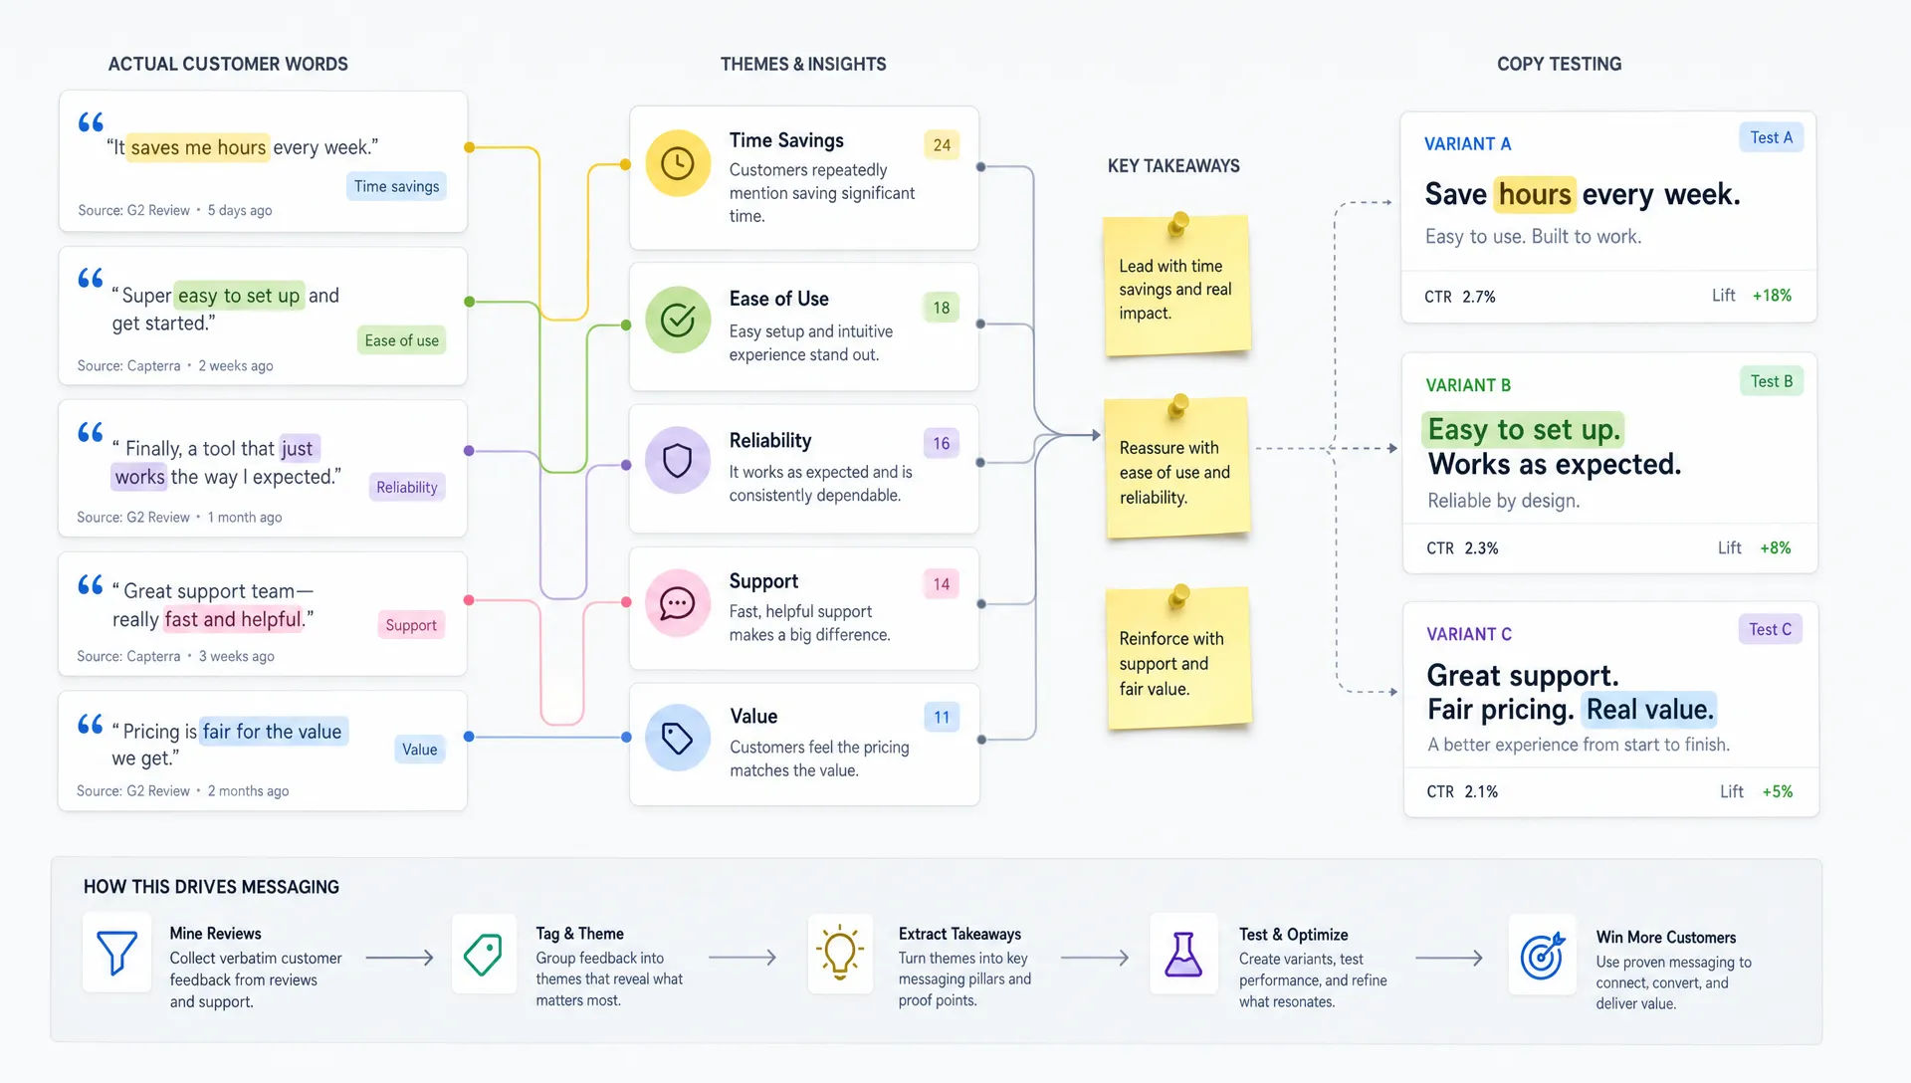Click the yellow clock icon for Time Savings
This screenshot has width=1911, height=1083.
point(678,163)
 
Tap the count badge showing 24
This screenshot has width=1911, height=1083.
point(942,145)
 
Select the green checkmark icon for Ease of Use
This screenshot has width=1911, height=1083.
point(678,320)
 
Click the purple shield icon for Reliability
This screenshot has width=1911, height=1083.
point(678,460)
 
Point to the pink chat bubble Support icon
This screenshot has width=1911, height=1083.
point(678,602)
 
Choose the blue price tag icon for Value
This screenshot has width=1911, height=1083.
point(678,738)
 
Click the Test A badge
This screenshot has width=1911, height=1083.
point(1772,137)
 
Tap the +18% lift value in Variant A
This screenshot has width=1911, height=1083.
point(1772,296)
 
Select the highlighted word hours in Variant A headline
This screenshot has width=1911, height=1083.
point(1535,194)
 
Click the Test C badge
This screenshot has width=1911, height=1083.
point(1771,629)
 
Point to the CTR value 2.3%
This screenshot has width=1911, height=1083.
point(1481,548)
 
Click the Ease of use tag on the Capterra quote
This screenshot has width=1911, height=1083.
point(401,340)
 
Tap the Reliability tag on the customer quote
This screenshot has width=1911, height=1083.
point(407,487)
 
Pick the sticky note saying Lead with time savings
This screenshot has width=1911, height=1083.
point(1176,286)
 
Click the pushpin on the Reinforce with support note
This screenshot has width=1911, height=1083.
point(1179,596)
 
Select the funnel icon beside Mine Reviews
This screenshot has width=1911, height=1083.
point(116,953)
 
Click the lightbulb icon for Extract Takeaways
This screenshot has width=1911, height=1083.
point(840,953)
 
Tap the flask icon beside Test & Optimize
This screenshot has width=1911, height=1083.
point(1183,954)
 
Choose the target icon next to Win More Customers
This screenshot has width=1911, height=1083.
point(1542,956)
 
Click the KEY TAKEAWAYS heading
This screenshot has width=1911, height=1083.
point(1173,166)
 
